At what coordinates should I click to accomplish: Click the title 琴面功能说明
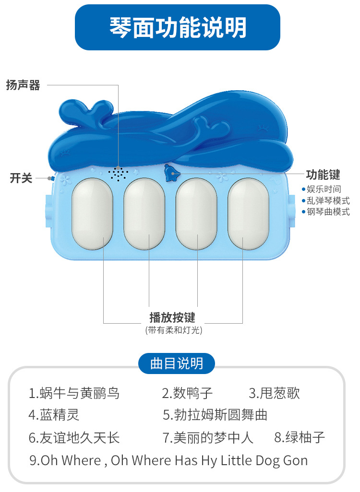178,27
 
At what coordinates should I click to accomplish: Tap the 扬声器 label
23,85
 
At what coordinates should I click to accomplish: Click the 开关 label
21,178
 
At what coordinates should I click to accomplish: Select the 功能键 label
323,175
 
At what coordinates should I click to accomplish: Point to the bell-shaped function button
170,173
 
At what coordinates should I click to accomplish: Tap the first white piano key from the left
92,213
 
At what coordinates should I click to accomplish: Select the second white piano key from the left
144,213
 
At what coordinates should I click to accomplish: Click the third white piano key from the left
196,213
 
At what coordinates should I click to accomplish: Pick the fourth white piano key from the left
248,213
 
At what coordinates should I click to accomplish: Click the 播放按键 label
172,317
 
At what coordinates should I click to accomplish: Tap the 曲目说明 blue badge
177,363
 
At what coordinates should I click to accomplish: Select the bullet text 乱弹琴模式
328,200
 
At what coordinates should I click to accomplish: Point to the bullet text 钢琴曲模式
328,211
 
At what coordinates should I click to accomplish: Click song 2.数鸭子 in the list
187,394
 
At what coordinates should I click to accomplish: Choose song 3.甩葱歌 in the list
275,394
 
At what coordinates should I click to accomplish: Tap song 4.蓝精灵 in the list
54,414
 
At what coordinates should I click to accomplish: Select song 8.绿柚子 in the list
300,437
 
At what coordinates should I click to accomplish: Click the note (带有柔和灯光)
173,330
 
